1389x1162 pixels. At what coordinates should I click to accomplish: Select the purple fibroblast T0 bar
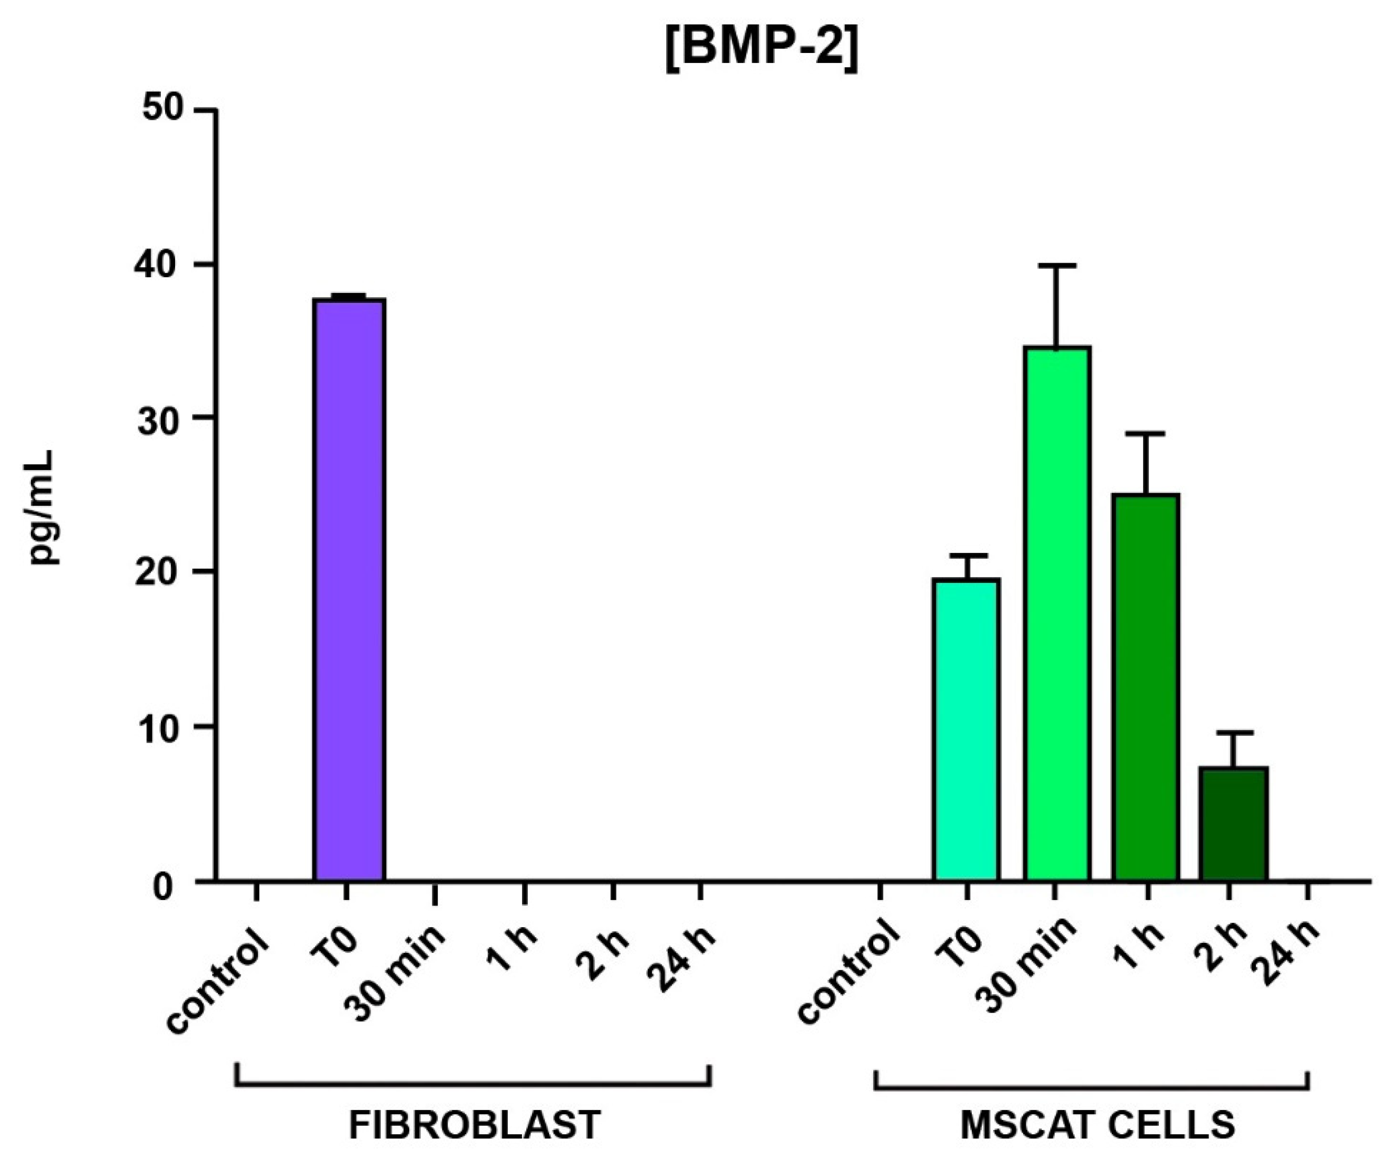pyautogui.click(x=349, y=589)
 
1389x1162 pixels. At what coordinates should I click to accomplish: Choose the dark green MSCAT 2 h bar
pyautogui.click(x=1233, y=823)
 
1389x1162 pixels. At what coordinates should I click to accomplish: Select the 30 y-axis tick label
pyautogui.click(x=162, y=418)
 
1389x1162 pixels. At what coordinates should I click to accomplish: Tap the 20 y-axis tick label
pyautogui.click(x=162, y=572)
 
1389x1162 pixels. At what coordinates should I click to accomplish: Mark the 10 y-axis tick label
pyautogui.click(x=162, y=727)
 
